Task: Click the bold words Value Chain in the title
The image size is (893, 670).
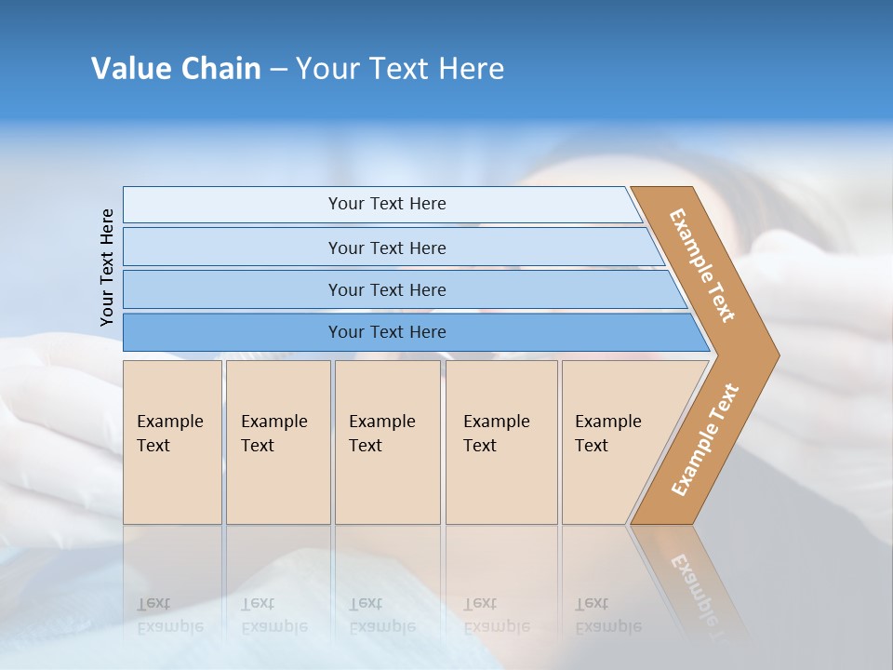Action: pos(176,69)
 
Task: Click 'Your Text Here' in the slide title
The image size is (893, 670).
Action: pos(400,69)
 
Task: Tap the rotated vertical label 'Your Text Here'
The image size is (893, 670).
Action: pos(107,267)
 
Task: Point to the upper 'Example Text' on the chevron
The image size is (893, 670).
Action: pos(702,265)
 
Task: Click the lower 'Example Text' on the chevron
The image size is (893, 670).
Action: pos(705,440)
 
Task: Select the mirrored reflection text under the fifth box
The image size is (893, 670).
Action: pos(607,615)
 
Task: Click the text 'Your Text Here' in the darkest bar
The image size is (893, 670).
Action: pos(387,332)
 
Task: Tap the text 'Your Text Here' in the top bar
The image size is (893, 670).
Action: pos(387,204)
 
